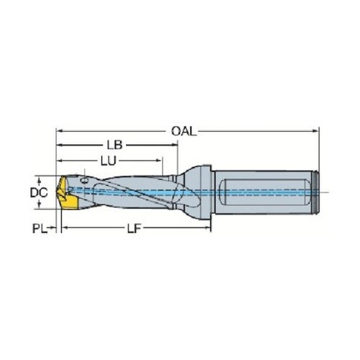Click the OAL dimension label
184,131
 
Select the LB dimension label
114,145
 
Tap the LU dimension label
108,161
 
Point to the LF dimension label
134,228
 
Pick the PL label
40,228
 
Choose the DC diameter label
39,192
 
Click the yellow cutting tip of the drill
67,192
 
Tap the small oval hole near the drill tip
84,181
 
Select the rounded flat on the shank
264,192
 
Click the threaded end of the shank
317,192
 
